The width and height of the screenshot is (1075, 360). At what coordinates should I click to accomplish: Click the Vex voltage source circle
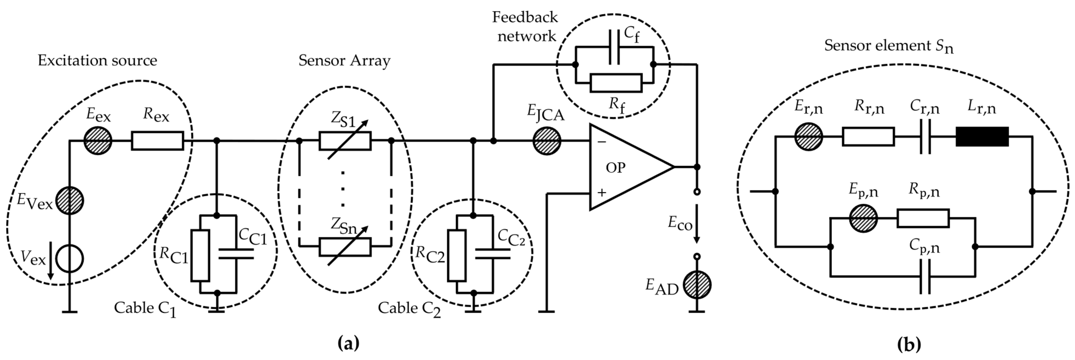coord(70,259)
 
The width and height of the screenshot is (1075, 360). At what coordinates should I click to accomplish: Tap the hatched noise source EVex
coord(70,201)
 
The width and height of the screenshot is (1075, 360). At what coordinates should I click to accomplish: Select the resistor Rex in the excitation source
coord(157,141)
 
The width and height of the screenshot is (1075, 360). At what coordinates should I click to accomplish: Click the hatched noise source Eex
coord(98,141)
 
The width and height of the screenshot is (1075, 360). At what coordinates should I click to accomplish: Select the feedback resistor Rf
coord(616,82)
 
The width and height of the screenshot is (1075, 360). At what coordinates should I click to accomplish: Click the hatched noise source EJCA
coord(547,141)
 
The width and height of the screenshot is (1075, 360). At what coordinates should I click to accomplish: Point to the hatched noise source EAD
coord(697,285)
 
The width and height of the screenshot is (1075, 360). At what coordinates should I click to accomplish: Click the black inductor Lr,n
coord(982,136)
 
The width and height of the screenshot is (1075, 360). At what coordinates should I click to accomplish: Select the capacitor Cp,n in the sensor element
coord(925,276)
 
